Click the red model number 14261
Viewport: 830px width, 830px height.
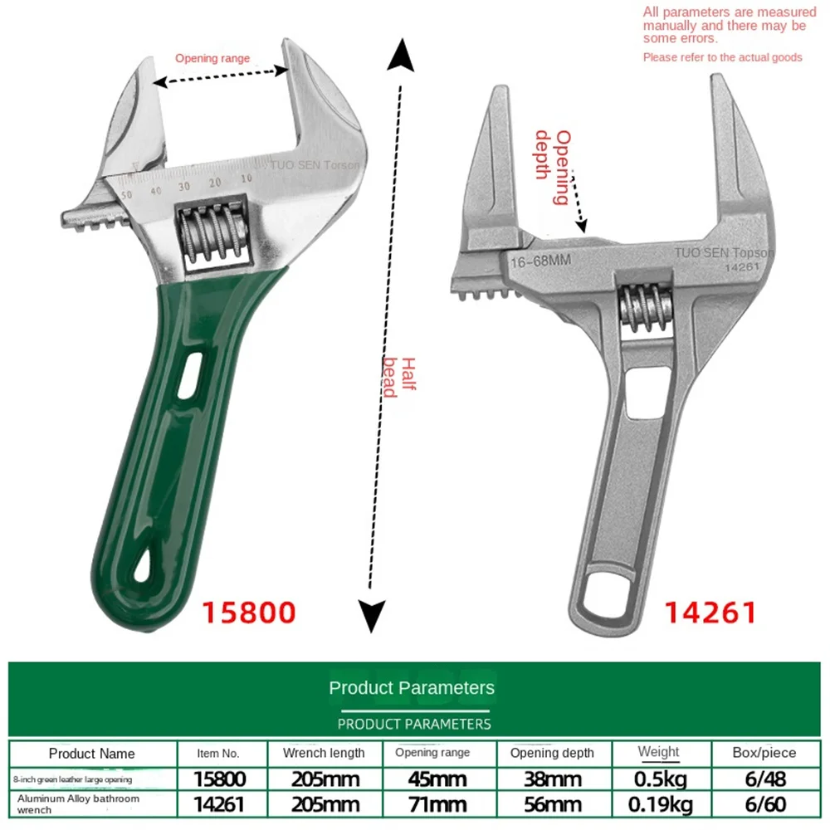tap(710, 613)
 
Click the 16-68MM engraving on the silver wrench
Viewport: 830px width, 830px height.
tap(541, 261)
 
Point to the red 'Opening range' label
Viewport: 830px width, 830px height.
tap(212, 59)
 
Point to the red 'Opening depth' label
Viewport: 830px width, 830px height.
tap(554, 165)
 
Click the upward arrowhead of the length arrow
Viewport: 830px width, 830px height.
tap(402, 57)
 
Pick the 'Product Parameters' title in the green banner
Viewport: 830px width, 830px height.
tap(412, 687)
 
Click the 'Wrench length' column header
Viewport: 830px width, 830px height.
tap(324, 753)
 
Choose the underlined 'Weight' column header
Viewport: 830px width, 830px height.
tap(658, 752)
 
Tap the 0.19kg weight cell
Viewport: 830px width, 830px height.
tap(660, 804)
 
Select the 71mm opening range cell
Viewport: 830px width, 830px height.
tap(438, 804)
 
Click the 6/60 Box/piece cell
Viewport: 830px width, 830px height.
tap(764, 804)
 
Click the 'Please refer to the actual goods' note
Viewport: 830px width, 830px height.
tap(722, 57)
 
